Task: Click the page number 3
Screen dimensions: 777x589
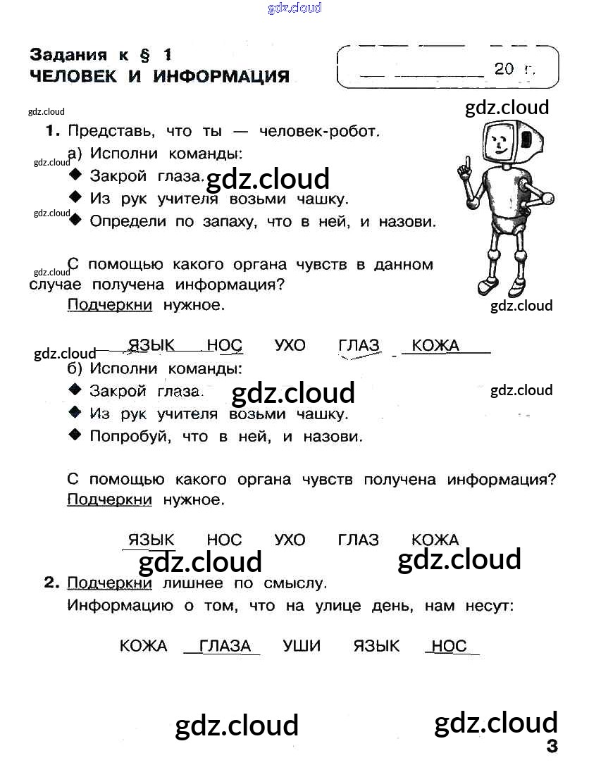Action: (x=552, y=747)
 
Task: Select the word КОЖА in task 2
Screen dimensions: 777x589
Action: (x=144, y=646)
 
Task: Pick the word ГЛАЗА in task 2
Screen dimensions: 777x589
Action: (x=225, y=646)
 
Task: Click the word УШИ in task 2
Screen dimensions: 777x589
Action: (x=302, y=646)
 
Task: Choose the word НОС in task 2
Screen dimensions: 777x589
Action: (x=449, y=646)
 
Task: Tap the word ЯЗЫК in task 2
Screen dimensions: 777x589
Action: (x=376, y=646)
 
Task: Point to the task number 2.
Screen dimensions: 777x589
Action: (x=50, y=583)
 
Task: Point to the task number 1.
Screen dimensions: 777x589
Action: (x=51, y=131)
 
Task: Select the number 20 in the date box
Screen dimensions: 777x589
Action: (x=504, y=68)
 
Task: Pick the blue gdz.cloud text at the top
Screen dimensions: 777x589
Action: (x=294, y=8)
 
